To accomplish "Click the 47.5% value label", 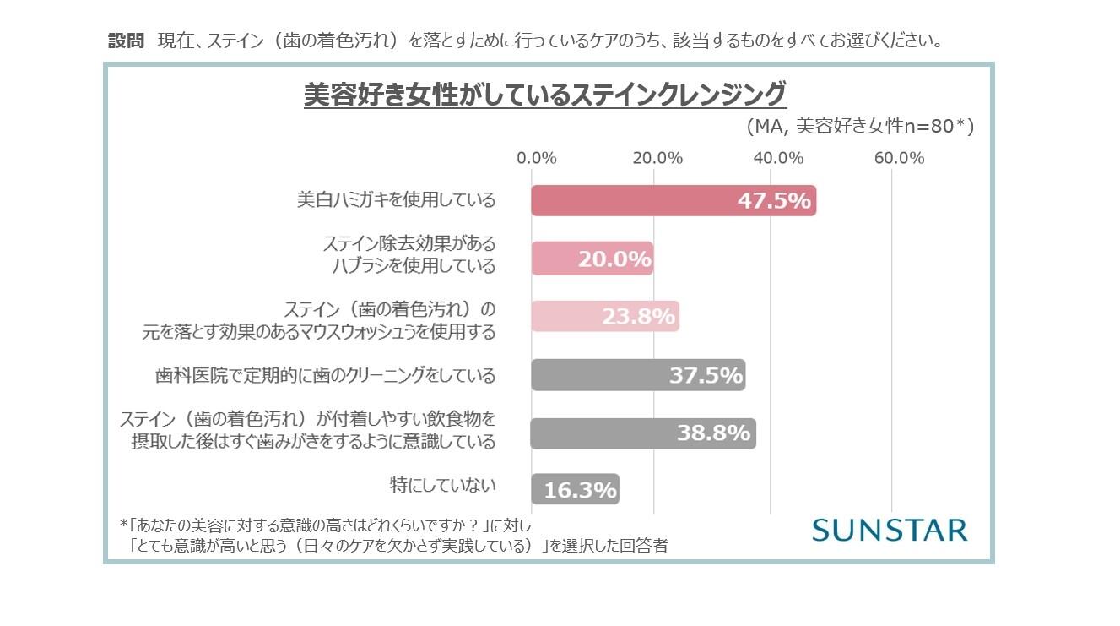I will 774,201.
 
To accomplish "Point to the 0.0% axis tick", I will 536,158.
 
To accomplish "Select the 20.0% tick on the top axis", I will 657,158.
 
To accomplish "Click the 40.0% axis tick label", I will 777,158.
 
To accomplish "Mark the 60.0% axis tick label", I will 899,158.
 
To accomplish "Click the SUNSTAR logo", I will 889,530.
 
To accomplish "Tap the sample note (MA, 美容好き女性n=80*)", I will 860,127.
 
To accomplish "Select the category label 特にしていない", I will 442,485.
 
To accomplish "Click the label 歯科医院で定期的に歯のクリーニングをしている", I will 326,375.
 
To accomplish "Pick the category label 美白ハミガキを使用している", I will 396,200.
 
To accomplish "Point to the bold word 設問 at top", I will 127,41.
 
